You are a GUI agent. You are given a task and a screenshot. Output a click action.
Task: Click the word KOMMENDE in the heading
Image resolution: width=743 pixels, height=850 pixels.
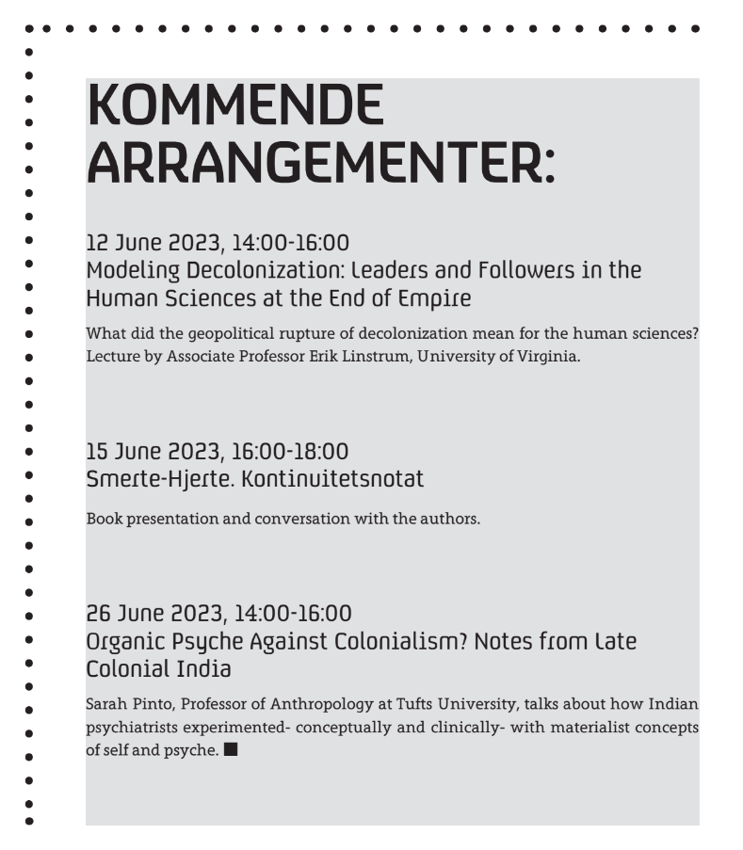pyautogui.click(x=234, y=105)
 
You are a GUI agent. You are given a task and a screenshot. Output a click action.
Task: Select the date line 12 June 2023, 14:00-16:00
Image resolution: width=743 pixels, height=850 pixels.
pyautogui.click(x=218, y=244)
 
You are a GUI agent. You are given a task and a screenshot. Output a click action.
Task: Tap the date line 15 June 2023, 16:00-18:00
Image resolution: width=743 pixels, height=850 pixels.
pyautogui.click(x=217, y=452)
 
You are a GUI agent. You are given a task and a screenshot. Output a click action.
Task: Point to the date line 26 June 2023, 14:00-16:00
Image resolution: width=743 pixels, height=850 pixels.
pyautogui.click(x=218, y=615)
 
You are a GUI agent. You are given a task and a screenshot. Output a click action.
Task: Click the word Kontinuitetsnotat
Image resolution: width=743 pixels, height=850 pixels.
pyautogui.click(x=332, y=479)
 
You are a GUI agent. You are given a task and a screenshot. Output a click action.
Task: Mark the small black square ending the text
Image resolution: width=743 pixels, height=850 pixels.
pyautogui.click(x=231, y=750)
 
